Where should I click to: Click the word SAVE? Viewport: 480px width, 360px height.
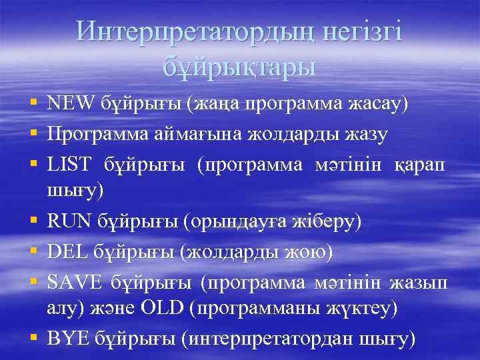pos(74,283)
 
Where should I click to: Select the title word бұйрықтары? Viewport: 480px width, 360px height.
pos(239,67)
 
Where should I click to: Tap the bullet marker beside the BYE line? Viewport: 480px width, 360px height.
pos(33,339)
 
